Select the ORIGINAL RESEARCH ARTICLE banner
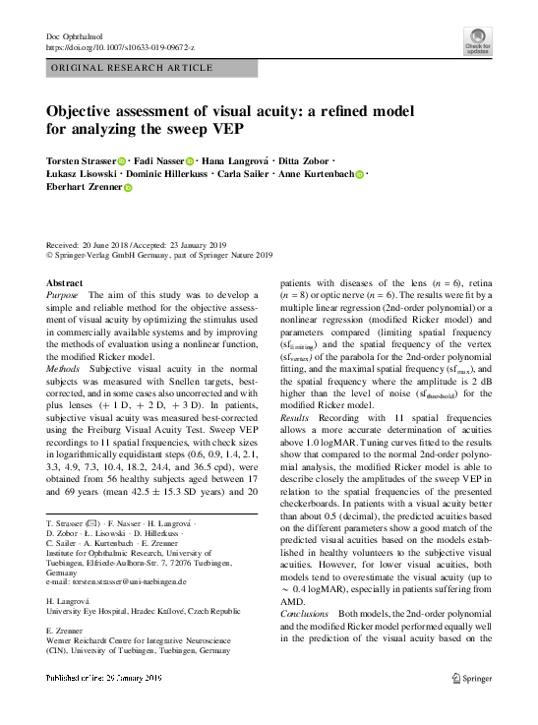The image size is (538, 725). click(x=131, y=68)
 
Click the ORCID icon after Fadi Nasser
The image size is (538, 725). click(x=189, y=160)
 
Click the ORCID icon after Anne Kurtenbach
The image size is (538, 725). click(x=360, y=173)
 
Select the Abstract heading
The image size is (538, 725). click(x=65, y=282)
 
